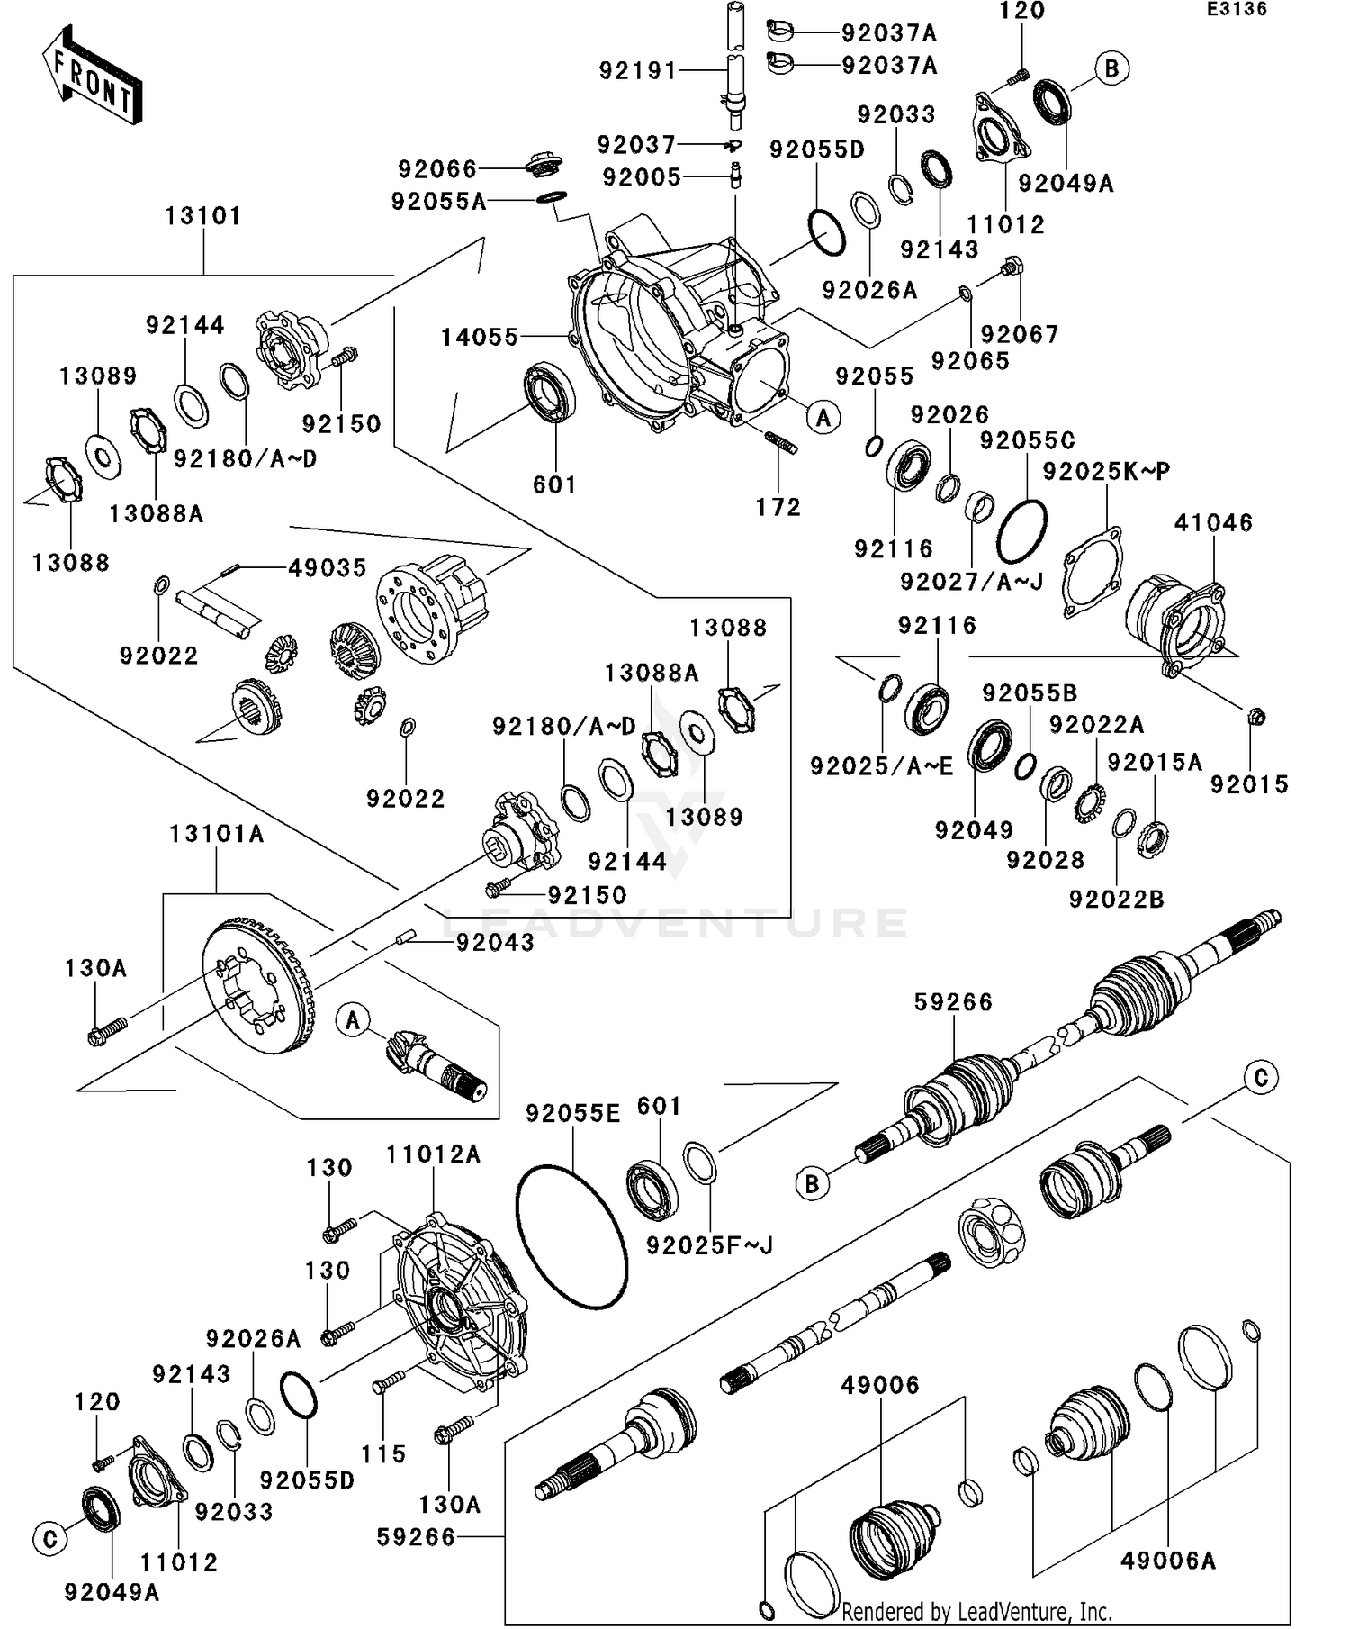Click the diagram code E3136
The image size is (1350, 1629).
(1237, 10)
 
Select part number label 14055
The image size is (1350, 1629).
(480, 338)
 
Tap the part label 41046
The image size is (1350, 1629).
(1213, 522)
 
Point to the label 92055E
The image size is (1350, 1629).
(572, 1114)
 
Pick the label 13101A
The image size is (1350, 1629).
(216, 835)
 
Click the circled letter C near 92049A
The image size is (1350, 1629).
(49, 1539)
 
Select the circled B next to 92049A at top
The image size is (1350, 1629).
(1111, 68)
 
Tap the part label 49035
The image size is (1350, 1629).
(328, 568)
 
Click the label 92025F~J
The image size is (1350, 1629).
(709, 1246)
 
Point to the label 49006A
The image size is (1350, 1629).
(1167, 1561)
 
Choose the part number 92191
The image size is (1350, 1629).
(637, 70)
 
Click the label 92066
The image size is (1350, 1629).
(437, 168)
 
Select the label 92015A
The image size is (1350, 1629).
(1155, 763)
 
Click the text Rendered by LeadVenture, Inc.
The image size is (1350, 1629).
(976, 1611)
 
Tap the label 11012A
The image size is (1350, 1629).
(433, 1154)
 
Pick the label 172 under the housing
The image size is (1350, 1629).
(778, 508)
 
